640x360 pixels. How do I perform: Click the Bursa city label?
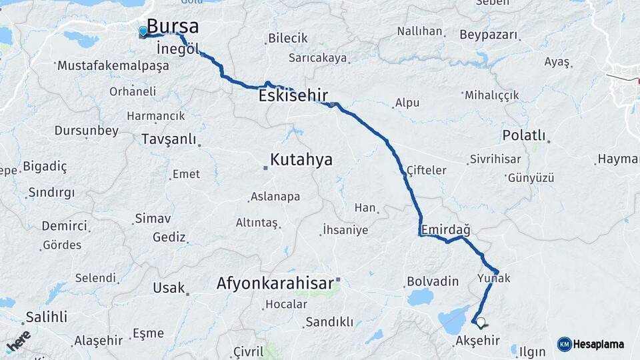(x=172, y=27)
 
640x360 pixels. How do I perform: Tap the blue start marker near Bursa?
(x=143, y=31)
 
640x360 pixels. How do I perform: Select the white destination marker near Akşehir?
(x=481, y=322)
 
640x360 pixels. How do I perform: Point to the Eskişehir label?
(x=293, y=96)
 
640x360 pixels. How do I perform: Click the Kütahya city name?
(x=301, y=160)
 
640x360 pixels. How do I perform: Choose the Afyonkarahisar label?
(x=275, y=283)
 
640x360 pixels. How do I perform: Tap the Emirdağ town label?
(x=446, y=229)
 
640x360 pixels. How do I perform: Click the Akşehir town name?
(x=477, y=341)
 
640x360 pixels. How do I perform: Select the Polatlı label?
(x=524, y=135)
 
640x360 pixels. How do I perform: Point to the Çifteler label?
(x=427, y=170)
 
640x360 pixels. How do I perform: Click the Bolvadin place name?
(x=433, y=280)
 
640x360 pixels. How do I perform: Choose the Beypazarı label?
(x=488, y=33)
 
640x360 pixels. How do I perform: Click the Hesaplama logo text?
(x=598, y=344)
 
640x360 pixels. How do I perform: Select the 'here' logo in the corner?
(x=18, y=340)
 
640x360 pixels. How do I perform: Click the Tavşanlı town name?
(x=169, y=139)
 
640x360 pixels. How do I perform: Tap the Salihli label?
(x=47, y=317)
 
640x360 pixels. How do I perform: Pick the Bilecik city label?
(x=288, y=38)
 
